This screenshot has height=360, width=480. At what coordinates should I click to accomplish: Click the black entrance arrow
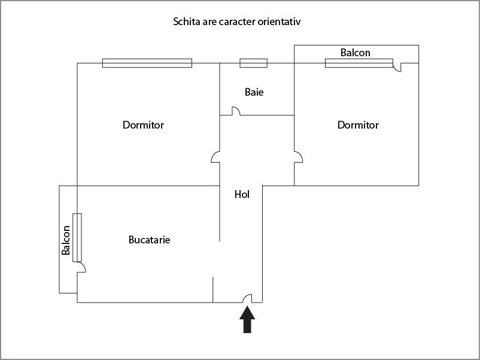[x=247, y=320]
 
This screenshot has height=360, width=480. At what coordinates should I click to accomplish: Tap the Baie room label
[x=254, y=93]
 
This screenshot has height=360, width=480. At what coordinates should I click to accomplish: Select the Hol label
[x=242, y=194]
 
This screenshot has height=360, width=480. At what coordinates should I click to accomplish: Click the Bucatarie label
[x=150, y=240]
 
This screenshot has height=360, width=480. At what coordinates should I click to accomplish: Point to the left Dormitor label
[x=143, y=125]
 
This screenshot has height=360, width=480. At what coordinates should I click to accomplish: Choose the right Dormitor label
[x=358, y=125]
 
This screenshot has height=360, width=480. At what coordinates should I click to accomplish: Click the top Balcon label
[x=356, y=53]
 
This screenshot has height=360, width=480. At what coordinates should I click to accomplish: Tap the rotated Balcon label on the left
[x=66, y=240]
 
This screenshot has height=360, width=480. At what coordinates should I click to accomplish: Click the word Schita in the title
[x=187, y=22]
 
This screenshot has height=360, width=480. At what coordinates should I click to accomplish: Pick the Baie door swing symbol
[x=236, y=111]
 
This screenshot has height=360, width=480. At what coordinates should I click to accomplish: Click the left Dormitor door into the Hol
[x=216, y=157]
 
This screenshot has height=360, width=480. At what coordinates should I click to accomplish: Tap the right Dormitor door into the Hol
[x=298, y=157]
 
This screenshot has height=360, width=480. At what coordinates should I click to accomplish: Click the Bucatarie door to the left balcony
[x=81, y=267]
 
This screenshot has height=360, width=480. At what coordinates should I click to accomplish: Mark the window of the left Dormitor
[x=147, y=63]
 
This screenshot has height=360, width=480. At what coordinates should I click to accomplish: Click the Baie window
[x=253, y=63]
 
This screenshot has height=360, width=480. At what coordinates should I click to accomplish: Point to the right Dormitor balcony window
[x=359, y=63]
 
